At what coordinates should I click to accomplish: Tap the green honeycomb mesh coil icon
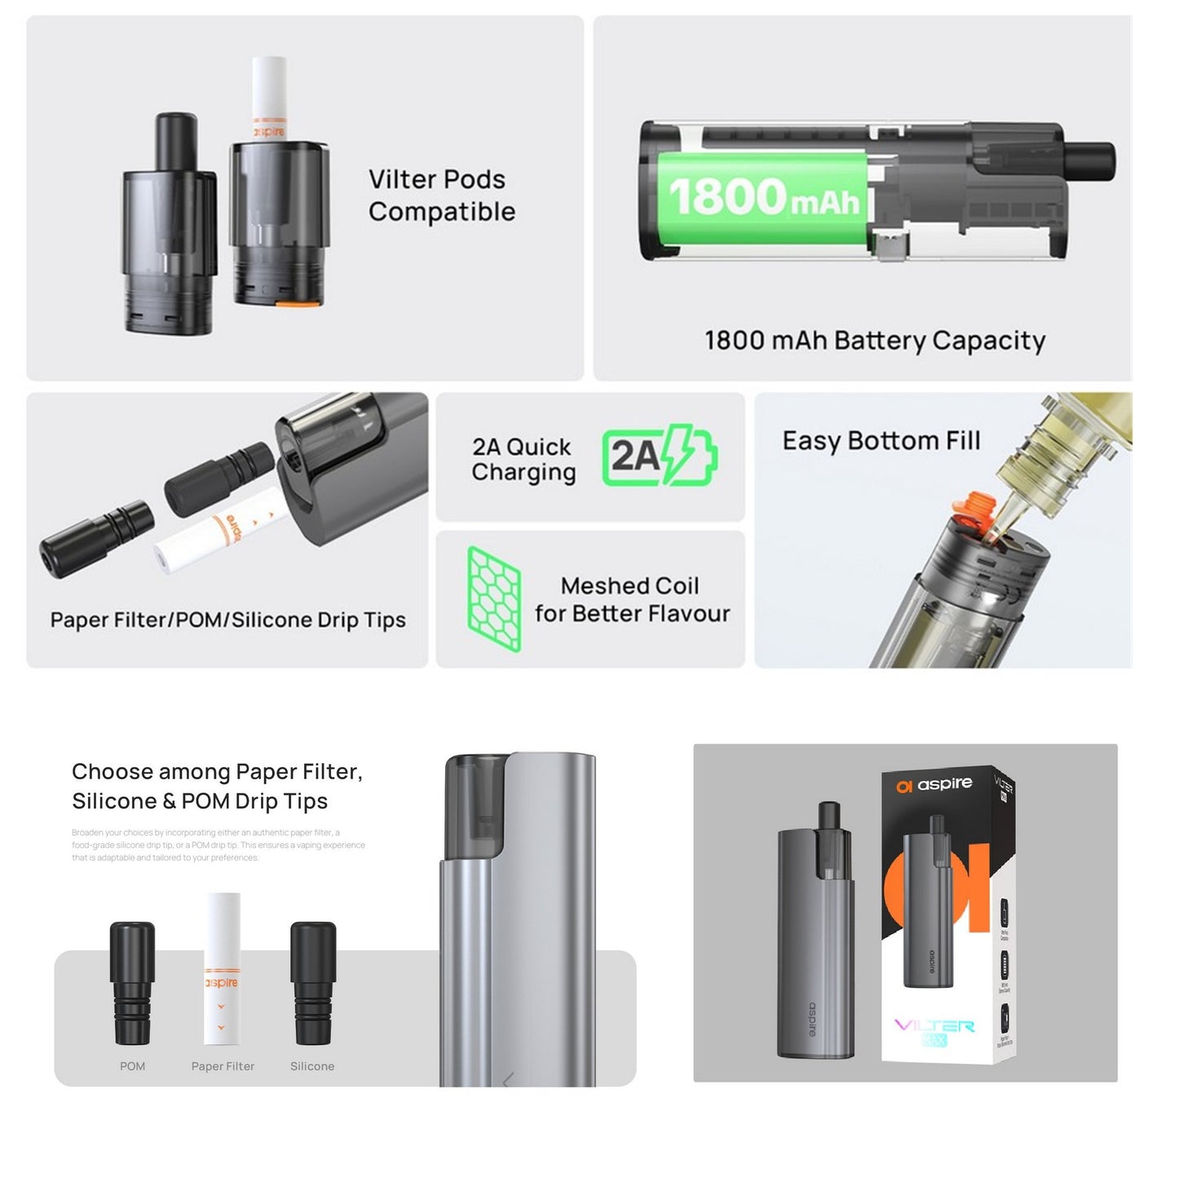(494, 599)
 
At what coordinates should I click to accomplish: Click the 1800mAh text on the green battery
(763, 197)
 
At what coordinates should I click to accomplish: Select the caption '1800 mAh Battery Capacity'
(874, 341)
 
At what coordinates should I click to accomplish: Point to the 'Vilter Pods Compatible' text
(441, 196)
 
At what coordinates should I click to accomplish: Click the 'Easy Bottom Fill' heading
(880, 441)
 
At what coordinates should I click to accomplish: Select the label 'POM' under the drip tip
(132, 1066)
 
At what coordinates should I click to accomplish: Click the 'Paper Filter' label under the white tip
(223, 1066)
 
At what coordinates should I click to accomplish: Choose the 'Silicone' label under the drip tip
(312, 1066)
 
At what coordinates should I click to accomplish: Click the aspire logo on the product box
(934, 784)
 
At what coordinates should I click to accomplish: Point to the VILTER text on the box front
(934, 1025)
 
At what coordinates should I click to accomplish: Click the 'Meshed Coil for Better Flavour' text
(631, 599)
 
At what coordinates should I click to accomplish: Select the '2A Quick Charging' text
(523, 459)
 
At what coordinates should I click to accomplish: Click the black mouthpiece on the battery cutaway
(1091, 161)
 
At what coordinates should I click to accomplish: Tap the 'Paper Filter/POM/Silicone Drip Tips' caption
(227, 620)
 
